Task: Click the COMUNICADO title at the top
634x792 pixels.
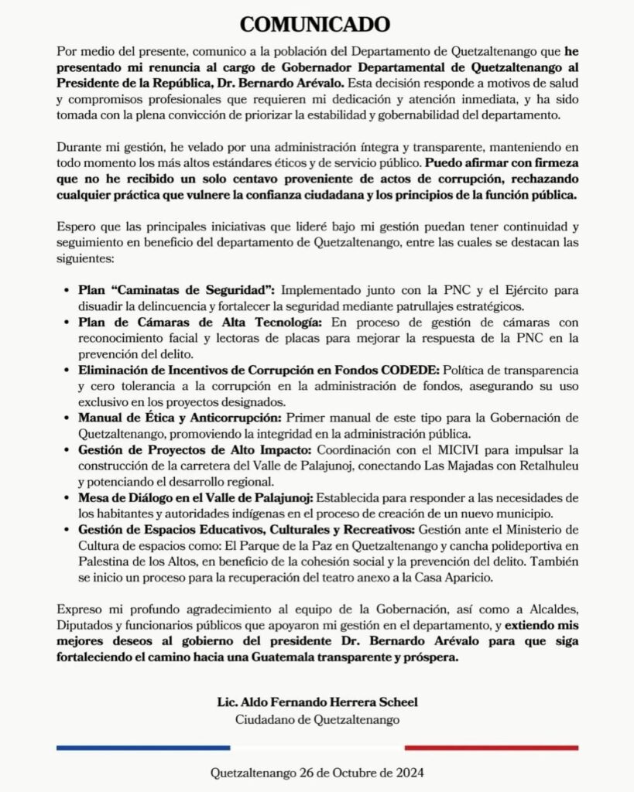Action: tap(317, 24)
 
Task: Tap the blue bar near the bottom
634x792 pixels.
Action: tap(143, 747)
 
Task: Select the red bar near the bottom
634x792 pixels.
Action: tap(491, 747)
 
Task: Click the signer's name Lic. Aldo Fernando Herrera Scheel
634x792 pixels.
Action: tap(317, 702)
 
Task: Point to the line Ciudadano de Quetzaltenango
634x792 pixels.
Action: tap(317, 719)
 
